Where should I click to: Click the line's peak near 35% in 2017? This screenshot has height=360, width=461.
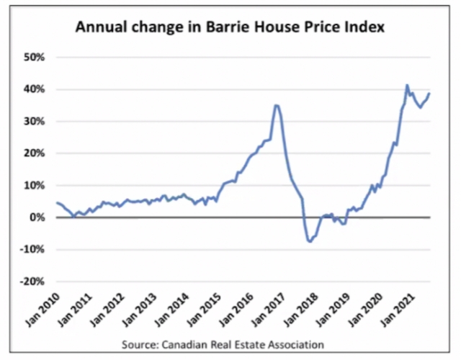click(x=277, y=105)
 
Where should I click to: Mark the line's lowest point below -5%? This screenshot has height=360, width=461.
click(x=310, y=241)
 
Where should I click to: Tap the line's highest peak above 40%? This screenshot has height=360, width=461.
click(x=408, y=85)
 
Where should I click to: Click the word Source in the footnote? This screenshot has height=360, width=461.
click(x=140, y=343)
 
